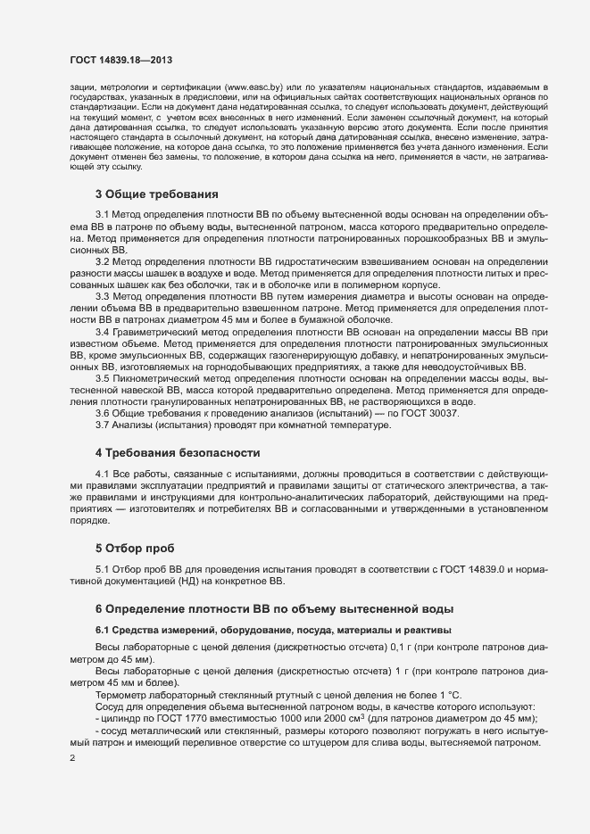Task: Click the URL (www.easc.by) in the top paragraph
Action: [253, 87]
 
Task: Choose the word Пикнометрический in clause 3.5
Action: [166, 378]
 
